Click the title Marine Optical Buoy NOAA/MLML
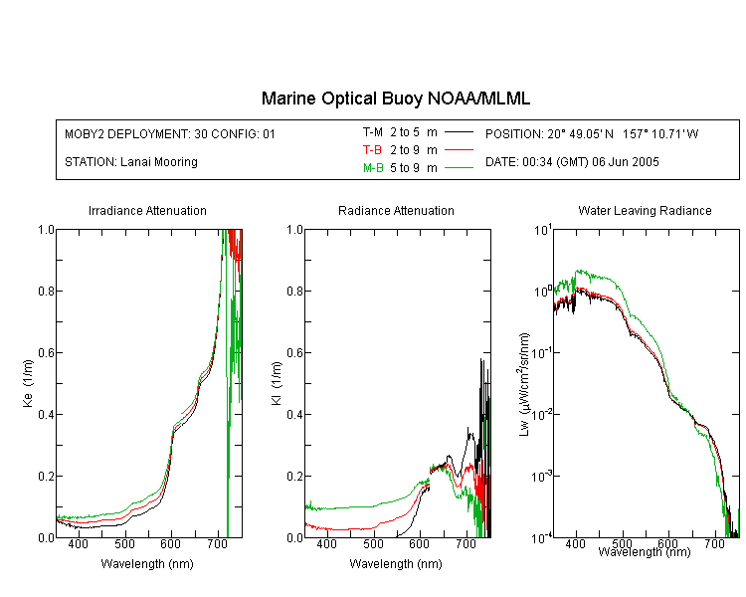coord(395,99)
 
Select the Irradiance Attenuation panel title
coord(147,210)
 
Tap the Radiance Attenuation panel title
coord(396,210)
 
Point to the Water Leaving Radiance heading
coord(645,210)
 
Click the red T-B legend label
coord(372,150)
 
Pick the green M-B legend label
coord(373,168)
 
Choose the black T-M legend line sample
coord(459,132)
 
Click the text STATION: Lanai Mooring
coord(131,162)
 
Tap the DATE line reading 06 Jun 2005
coord(572,162)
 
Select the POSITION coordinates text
coord(592,133)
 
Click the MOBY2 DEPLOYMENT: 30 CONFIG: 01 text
coord(170,133)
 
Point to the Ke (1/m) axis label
coord(28,383)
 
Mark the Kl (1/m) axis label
coord(277,383)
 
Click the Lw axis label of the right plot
coord(524,384)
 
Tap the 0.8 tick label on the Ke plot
coord(46,291)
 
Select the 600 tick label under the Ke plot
coord(171,543)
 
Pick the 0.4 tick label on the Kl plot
coord(295,415)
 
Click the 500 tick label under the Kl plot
coord(373,543)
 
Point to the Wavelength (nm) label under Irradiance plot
coord(147,564)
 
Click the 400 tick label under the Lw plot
coord(576,543)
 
